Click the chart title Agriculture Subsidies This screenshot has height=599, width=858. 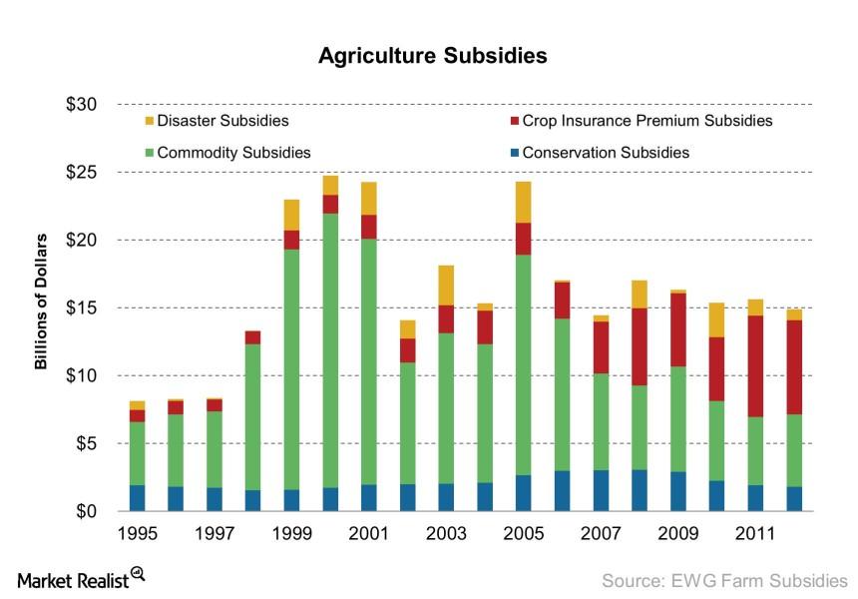[x=432, y=56]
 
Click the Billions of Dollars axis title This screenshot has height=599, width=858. [x=41, y=301]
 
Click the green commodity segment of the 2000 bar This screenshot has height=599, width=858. [x=330, y=349]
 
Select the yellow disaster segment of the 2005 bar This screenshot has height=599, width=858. [x=524, y=202]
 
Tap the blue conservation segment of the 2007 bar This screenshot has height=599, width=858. [x=601, y=490]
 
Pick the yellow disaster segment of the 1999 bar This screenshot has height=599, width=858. [x=291, y=215]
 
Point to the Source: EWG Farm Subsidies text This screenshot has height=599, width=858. [x=723, y=579]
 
